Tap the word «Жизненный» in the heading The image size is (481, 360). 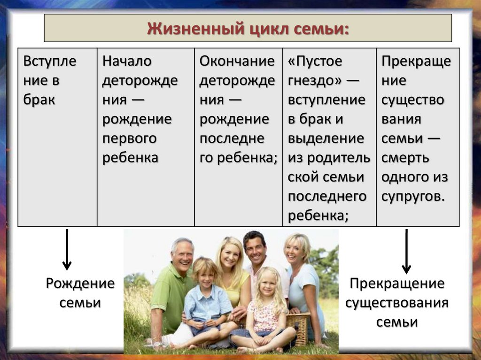(196, 29)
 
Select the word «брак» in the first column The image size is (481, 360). (39, 100)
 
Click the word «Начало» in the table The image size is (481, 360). (127, 61)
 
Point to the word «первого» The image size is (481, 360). (130, 139)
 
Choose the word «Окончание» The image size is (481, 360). (237, 61)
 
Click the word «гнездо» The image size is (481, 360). (311, 80)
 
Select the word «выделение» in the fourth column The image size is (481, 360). (326, 138)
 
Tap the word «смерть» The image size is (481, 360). (405, 158)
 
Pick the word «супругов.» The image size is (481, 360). (413, 197)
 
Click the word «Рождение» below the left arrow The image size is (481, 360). (80, 283)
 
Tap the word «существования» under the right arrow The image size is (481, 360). (397, 303)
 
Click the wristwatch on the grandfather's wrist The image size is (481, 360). (157, 345)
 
